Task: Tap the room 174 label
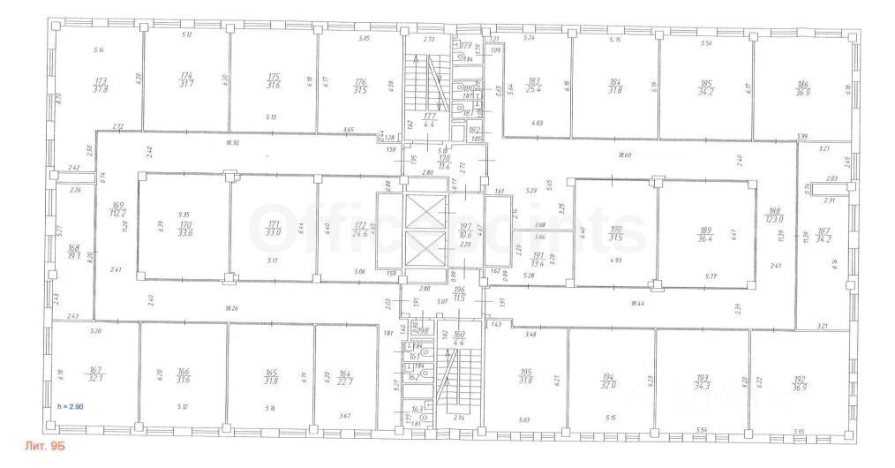[x=187, y=80]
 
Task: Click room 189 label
[x=705, y=233]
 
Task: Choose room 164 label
[x=346, y=377]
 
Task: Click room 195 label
[x=526, y=376]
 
